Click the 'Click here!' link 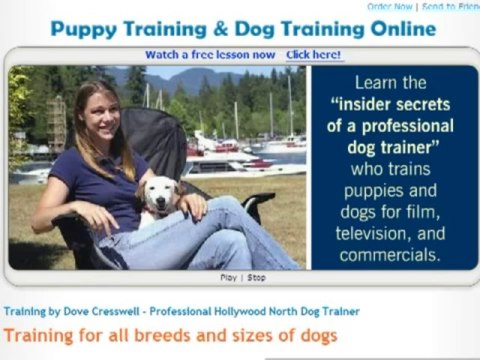(314, 55)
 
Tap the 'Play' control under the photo (228, 277)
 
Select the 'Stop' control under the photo (256, 277)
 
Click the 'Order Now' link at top (417, 6)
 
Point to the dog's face (157, 196)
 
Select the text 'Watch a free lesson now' (210, 55)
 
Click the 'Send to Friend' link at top (454, 6)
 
